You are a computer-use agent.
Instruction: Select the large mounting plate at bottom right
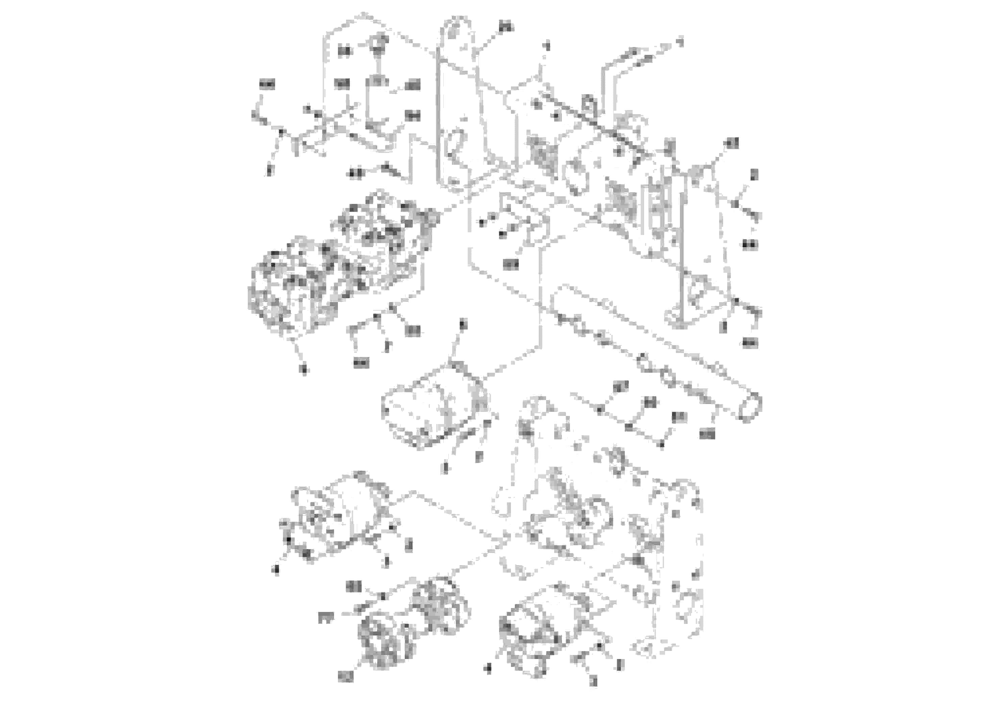[670, 569]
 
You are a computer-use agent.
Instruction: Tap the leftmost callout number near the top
[266, 84]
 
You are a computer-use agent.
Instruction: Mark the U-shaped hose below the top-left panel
[377, 140]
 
